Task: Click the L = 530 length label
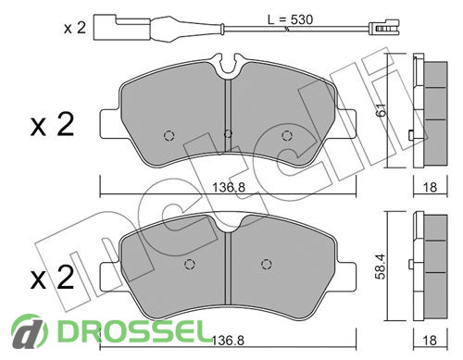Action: coord(290,19)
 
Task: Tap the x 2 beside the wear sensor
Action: coord(75,28)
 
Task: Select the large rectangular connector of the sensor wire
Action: coord(122,27)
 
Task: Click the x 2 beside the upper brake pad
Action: coord(52,125)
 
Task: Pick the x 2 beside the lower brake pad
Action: coord(52,277)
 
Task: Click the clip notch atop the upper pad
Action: coord(229,64)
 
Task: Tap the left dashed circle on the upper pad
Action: coord(169,135)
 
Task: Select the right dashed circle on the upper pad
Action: coord(287,135)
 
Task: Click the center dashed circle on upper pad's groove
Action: coord(228,133)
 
